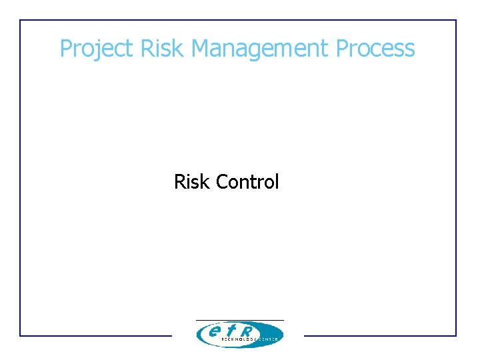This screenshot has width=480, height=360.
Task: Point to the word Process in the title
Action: [375, 48]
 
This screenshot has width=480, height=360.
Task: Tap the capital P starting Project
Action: [65, 48]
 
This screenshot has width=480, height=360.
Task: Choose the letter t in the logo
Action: [231, 329]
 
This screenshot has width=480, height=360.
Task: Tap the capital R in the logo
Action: [247, 329]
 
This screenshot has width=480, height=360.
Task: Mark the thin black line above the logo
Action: [239, 320]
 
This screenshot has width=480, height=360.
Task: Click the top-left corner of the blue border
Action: [20, 20]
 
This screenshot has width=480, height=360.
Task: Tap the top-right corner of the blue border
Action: [456, 20]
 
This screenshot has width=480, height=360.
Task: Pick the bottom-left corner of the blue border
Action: [20, 335]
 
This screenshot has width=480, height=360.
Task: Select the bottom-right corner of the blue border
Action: [456, 335]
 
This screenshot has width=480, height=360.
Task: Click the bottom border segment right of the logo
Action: [380, 335]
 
